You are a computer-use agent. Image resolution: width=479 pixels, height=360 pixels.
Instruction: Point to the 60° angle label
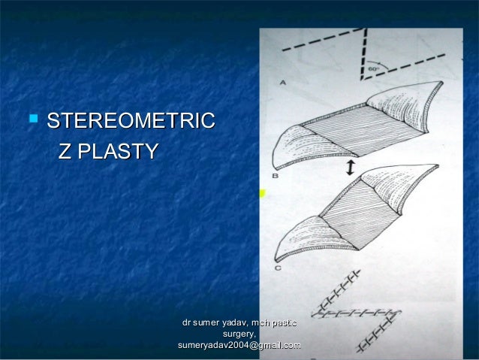pyautogui.click(x=374, y=69)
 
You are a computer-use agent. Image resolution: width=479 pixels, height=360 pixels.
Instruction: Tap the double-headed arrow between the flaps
pyautogui.click(x=349, y=169)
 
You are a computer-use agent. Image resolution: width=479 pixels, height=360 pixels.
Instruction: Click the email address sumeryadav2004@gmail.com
pyautogui.click(x=238, y=345)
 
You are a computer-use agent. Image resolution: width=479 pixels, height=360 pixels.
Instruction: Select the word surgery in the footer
pyautogui.click(x=239, y=334)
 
